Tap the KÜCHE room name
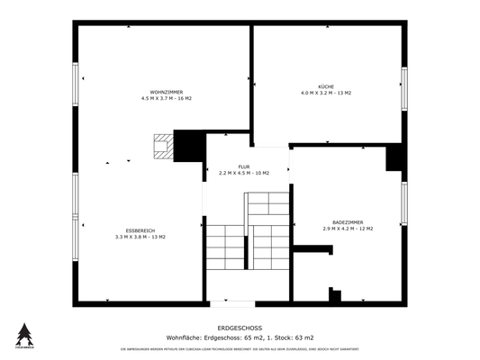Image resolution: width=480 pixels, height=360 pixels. (x=325, y=85)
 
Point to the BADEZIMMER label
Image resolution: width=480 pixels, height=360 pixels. (x=347, y=222)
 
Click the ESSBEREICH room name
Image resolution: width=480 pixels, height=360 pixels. (x=140, y=229)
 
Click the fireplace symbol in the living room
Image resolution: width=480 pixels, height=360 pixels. (x=162, y=147)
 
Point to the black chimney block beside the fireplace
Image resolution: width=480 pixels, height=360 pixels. (x=188, y=146)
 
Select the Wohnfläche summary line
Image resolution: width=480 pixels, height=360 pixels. (x=240, y=337)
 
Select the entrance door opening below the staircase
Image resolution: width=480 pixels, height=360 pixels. (x=232, y=302)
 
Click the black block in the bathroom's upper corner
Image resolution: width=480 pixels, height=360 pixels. (x=394, y=157)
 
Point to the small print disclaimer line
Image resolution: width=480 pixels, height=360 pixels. (x=240, y=348)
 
